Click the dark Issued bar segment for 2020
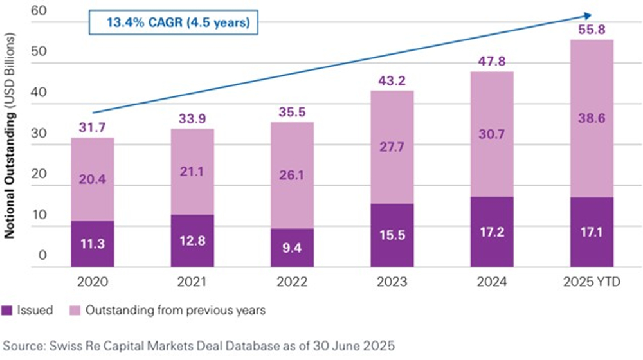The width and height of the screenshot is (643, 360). (x=93, y=244)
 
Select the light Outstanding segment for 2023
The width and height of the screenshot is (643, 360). (x=392, y=148)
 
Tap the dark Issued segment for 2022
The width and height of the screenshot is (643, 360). (x=293, y=248)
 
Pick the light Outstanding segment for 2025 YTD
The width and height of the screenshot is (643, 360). (x=592, y=119)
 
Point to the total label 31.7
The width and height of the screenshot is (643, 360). (x=93, y=128)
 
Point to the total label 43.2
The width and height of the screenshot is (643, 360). (x=392, y=82)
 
